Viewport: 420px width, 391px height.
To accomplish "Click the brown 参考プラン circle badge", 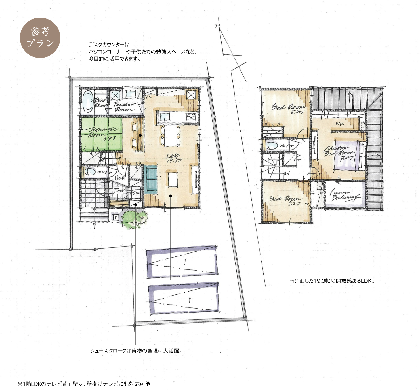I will coord(40,38).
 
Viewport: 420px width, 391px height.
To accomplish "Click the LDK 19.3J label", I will coord(174,158).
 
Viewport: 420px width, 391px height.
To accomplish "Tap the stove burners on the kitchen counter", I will coord(191,116).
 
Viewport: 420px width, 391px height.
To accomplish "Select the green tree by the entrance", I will coord(133,219).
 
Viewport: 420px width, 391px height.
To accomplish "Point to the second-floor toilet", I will coord(272,146).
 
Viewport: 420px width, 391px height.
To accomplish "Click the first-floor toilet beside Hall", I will coord(91,171).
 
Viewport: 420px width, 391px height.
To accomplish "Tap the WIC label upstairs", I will coord(340,124).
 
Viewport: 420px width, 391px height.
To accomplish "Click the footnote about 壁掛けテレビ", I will coord(84,384).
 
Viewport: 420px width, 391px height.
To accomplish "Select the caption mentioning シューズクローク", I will coord(136,351).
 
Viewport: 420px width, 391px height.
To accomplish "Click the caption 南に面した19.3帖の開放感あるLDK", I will coord(332,281).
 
